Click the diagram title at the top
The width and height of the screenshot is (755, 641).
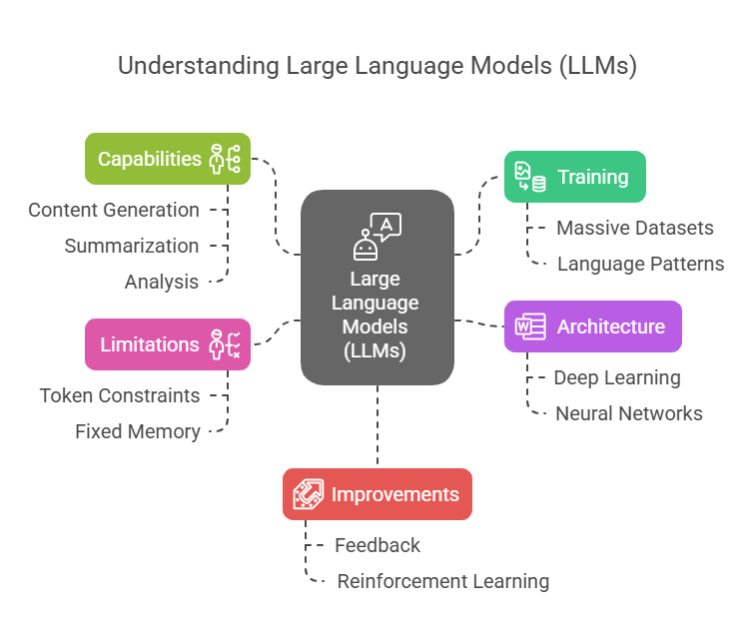coord(377,66)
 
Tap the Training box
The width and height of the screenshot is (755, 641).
coord(574,177)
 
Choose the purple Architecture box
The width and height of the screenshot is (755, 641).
coord(592,326)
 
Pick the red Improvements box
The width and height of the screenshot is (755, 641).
coord(377,494)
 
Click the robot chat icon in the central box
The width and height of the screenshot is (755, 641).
coord(377,236)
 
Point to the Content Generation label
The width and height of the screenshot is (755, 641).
coord(114,210)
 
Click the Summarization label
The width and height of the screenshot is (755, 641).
coord(132,246)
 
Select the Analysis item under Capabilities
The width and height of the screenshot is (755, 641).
coord(162,282)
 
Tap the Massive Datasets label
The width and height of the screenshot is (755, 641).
coord(635,228)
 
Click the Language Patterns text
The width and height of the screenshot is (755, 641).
coord(641,264)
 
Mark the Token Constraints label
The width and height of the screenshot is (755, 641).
coord(120,395)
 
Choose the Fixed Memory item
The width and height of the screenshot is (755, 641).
coord(138,431)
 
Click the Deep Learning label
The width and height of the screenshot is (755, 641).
coord(617,377)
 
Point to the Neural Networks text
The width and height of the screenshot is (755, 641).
coord(629,413)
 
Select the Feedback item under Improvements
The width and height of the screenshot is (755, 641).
coord(377,545)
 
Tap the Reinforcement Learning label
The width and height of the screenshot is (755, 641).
coord(443,581)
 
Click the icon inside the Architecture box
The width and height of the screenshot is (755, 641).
coord(529,326)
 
